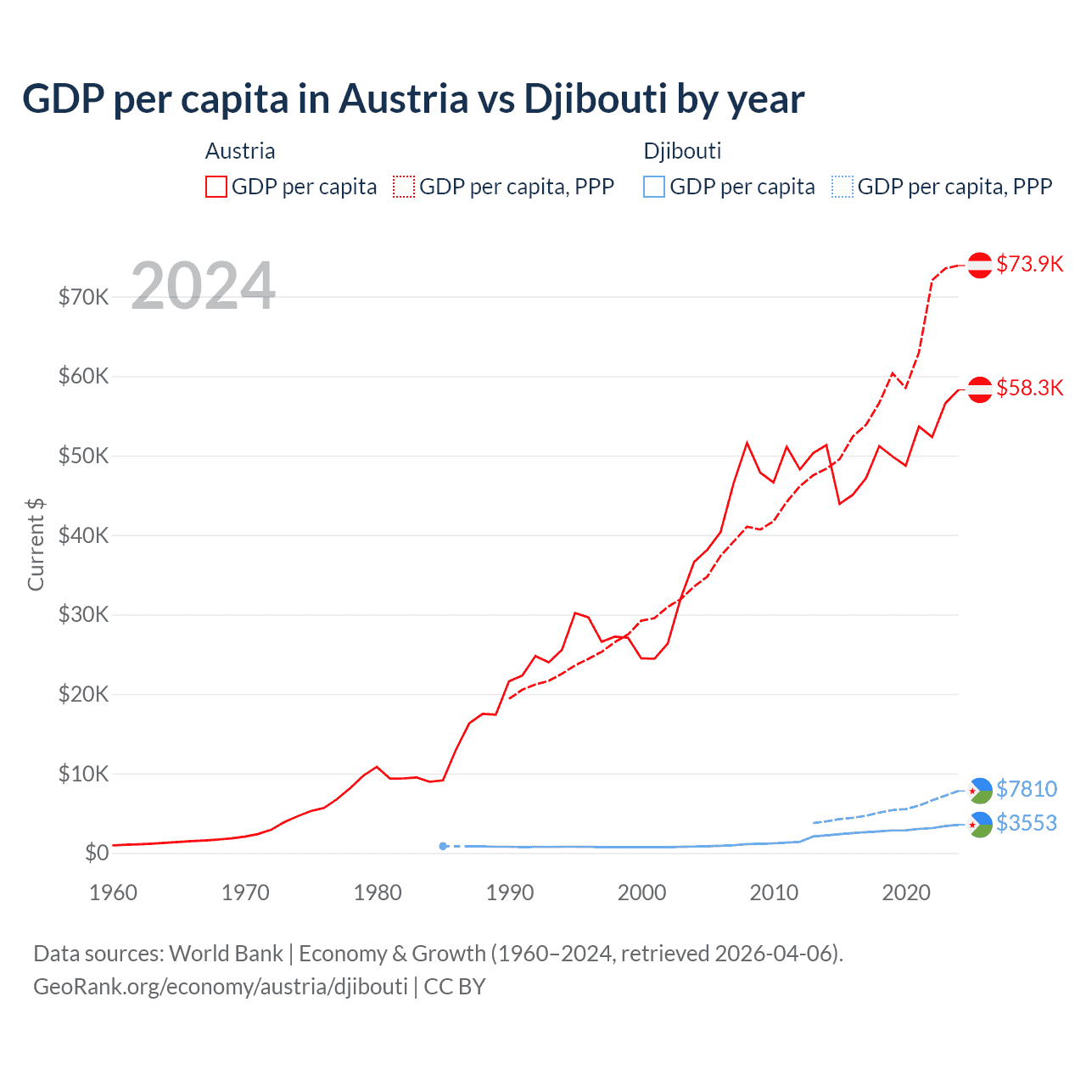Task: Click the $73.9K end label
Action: pyautogui.click(x=1029, y=264)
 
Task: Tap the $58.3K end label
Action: pyautogui.click(x=1029, y=388)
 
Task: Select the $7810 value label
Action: pyautogui.click(x=1027, y=789)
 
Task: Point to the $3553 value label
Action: pyautogui.click(x=1027, y=823)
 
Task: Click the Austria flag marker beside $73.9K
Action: pyautogui.click(x=980, y=265)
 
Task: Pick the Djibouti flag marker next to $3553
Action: pyautogui.click(x=980, y=824)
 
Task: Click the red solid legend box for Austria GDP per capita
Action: pyautogui.click(x=216, y=187)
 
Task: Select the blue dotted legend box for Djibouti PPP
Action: pyautogui.click(x=842, y=187)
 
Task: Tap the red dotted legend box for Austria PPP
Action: pyautogui.click(x=404, y=187)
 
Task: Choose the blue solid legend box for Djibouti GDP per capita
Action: pyautogui.click(x=654, y=187)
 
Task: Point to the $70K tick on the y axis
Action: pyautogui.click(x=83, y=297)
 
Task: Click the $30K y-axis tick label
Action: pyautogui.click(x=83, y=614)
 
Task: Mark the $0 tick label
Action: pyautogui.click(x=97, y=853)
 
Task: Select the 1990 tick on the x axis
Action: pyautogui.click(x=510, y=893)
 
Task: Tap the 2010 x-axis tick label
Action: pyautogui.click(x=774, y=893)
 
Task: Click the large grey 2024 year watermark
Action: pyautogui.click(x=204, y=286)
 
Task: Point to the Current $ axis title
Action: pyautogui.click(x=36, y=545)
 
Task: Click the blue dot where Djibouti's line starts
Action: pyautogui.click(x=443, y=846)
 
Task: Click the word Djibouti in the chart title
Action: pyautogui.click(x=596, y=99)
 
